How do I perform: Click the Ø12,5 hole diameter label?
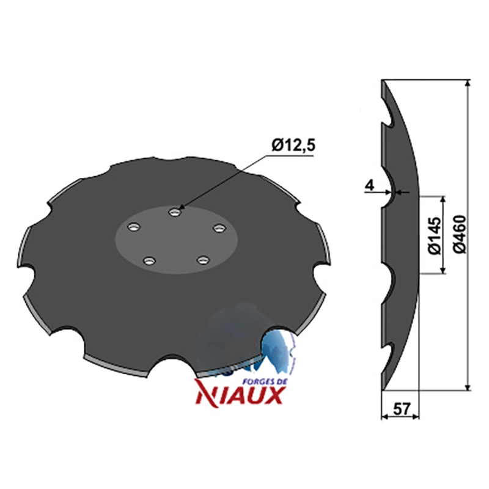[293, 146]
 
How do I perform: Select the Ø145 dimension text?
[435, 236]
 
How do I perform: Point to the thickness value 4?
[369, 186]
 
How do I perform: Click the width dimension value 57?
[401, 409]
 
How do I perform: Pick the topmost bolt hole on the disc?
[175, 212]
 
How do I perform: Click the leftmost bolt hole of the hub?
[133, 227]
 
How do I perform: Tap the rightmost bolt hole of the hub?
[219, 228]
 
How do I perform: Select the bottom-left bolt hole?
[149, 260]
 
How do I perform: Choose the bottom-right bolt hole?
[204, 260]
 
